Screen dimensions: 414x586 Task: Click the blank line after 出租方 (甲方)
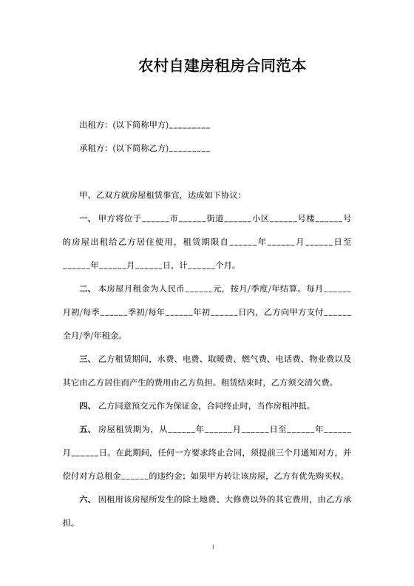tap(190, 127)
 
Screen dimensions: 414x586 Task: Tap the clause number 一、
tap(85, 219)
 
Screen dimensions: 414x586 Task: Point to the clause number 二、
tap(85, 289)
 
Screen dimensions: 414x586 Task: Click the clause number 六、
tap(85, 499)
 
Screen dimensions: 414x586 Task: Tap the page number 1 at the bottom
tap(213, 548)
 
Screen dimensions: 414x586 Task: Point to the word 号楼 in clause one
tap(307, 219)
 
